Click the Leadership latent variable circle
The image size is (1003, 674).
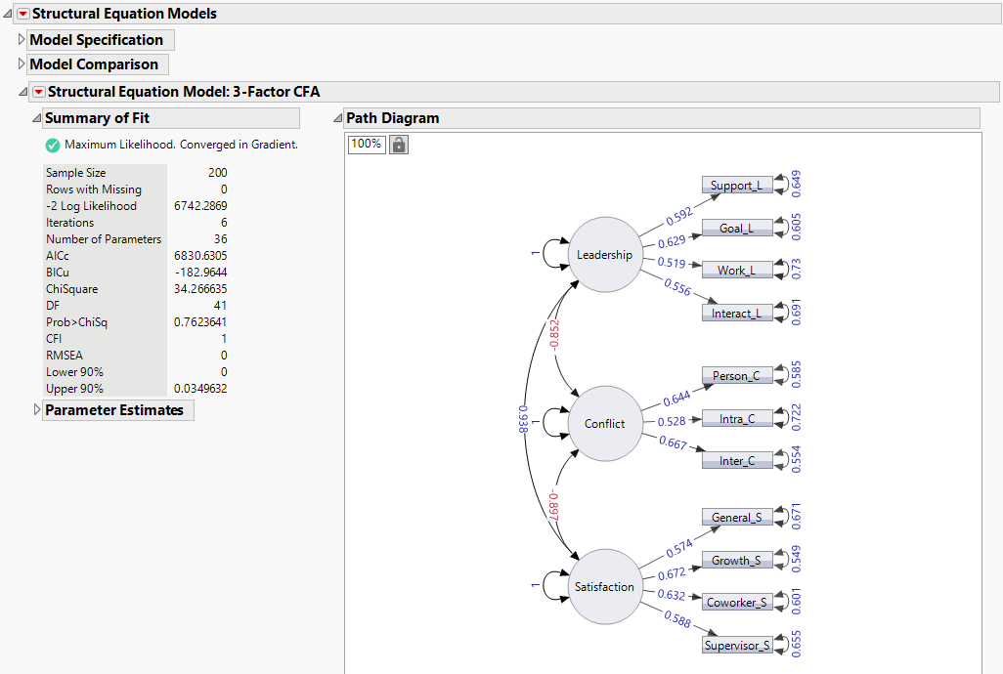click(604, 255)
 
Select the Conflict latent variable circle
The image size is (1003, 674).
click(604, 423)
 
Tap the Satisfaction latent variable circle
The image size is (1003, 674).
click(604, 587)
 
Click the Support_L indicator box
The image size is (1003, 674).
click(737, 186)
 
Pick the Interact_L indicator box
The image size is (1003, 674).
click(737, 313)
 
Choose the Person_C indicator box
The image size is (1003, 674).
click(737, 375)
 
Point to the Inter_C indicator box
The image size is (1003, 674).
click(737, 460)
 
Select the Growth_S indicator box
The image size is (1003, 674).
click(737, 561)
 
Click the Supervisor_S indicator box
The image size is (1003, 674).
click(737, 645)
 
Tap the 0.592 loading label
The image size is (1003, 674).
click(678, 214)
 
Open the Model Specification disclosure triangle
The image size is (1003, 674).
click(22, 40)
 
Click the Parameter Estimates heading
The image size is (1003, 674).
click(114, 410)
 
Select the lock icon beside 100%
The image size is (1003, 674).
click(399, 145)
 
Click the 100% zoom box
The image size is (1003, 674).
click(367, 144)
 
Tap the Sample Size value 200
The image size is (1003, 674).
click(217, 173)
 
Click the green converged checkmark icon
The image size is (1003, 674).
click(53, 145)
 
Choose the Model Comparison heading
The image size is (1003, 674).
click(94, 64)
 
